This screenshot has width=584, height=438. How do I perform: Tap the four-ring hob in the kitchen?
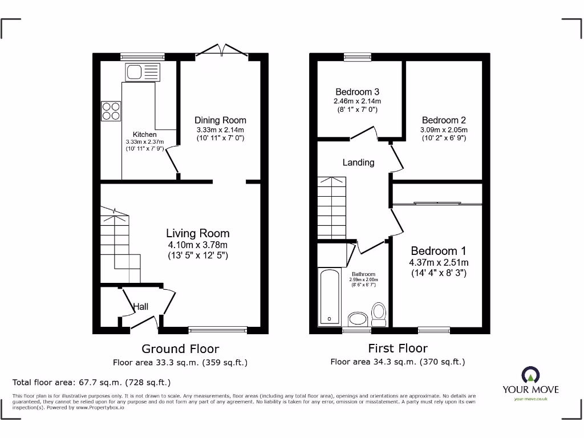(x=111, y=111)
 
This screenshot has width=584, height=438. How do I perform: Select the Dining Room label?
(x=220, y=120)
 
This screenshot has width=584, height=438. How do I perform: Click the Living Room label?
(x=197, y=233)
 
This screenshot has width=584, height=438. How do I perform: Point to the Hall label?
(x=141, y=307)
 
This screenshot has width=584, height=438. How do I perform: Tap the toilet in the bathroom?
(x=379, y=313)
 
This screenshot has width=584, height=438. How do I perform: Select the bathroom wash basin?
(x=358, y=319)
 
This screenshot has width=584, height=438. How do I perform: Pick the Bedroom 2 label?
(x=444, y=120)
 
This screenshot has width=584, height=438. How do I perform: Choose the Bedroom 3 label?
(x=357, y=92)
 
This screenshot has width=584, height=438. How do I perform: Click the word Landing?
(x=358, y=163)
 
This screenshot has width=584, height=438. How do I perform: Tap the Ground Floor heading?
(x=180, y=348)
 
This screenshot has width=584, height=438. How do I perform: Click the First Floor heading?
(x=398, y=348)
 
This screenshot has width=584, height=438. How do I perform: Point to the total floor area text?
(x=91, y=382)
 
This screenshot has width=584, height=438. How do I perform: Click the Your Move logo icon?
(x=530, y=375)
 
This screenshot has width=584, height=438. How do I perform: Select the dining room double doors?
(x=222, y=51)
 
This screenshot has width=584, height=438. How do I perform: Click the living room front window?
(x=218, y=329)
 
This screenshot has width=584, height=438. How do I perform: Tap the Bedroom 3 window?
(x=357, y=56)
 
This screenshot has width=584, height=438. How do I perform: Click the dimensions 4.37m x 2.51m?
(x=438, y=262)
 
